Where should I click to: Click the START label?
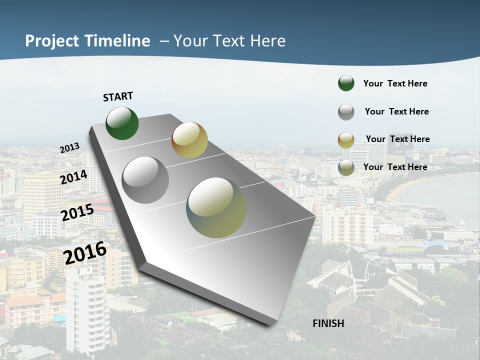click(x=118, y=96)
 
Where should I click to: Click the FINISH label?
click(x=328, y=323)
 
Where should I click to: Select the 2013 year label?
click(x=69, y=147)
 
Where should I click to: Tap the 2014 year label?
click(x=73, y=177)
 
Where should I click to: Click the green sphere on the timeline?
click(x=122, y=123)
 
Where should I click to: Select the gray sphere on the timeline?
click(x=145, y=180)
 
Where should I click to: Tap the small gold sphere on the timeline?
click(x=189, y=140)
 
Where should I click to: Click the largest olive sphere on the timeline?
click(x=216, y=207)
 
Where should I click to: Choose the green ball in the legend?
click(x=346, y=83)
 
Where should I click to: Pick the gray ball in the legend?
click(x=346, y=112)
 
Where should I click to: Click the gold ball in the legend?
click(x=346, y=140)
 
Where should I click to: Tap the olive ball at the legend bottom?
click(x=346, y=167)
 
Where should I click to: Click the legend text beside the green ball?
click(x=395, y=83)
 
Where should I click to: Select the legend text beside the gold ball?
click(x=397, y=139)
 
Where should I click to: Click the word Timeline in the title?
click(x=117, y=41)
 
